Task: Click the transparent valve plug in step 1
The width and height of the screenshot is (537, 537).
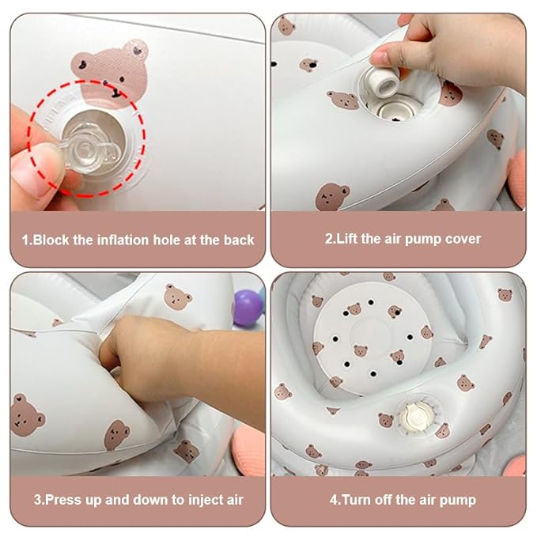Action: pyautogui.click(x=91, y=149)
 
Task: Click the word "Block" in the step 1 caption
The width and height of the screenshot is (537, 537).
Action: pyautogui.click(x=51, y=240)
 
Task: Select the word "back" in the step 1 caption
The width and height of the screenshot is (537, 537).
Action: pyautogui.click(x=239, y=240)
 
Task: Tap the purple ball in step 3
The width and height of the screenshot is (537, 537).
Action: pyautogui.click(x=248, y=308)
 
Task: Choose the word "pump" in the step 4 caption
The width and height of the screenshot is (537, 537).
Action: pyautogui.click(x=458, y=501)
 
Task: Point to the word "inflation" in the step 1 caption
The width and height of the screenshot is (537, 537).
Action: pyautogui.click(x=123, y=240)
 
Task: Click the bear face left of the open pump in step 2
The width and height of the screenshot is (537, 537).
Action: pyautogui.click(x=342, y=100)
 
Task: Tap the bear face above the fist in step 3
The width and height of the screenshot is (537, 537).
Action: pyautogui.click(x=178, y=297)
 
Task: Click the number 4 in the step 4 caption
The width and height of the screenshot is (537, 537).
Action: pyautogui.click(x=333, y=500)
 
